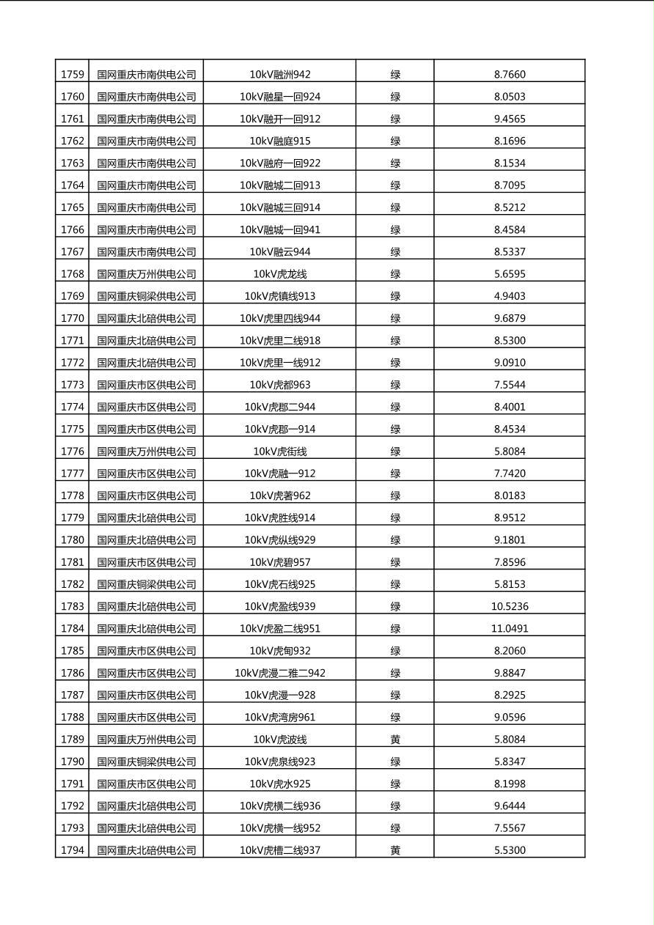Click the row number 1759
point(72,74)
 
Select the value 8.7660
point(510,74)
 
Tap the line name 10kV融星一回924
point(280,97)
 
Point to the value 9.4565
point(510,119)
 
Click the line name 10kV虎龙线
point(280,274)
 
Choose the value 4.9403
point(510,296)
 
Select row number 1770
point(72,318)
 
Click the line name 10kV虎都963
point(280,385)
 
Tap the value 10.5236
point(510,606)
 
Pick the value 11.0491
point(510,628)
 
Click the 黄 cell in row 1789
point(395,740)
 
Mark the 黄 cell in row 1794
point(395,850)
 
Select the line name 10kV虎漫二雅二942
point(280,673)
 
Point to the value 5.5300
point(510,850)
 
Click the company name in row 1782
point(147,584)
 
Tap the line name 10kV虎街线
point(280,452)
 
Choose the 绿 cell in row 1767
point(395,251)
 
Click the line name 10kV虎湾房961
point(280,717)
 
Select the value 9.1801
point(510,540)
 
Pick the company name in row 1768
point(147,274)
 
